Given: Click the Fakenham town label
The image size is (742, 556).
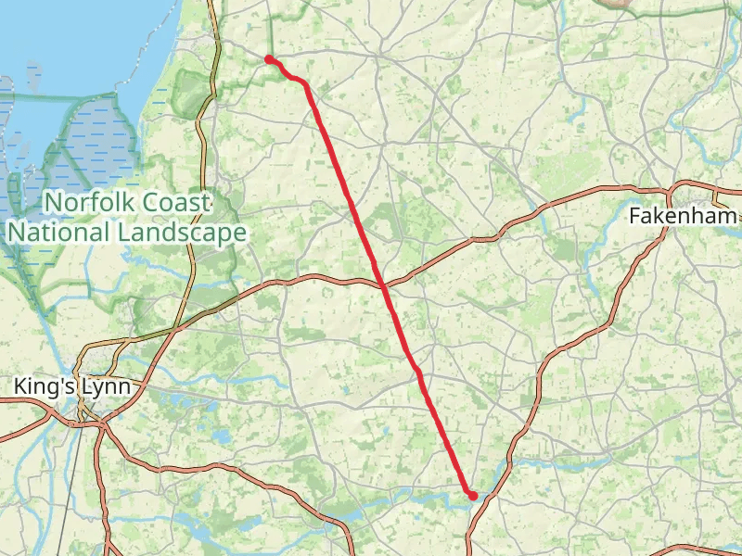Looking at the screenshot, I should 683,216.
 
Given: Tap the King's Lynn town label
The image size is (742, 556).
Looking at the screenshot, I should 70,385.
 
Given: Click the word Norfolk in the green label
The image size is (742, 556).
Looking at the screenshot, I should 91,202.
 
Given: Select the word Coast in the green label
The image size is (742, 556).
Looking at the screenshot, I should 176,202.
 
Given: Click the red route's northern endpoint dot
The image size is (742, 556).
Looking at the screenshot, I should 269,59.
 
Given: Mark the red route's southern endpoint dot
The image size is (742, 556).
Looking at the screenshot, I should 473,496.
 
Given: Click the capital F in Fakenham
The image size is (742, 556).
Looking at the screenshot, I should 634,216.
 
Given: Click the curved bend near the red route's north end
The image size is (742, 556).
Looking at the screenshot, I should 302,82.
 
